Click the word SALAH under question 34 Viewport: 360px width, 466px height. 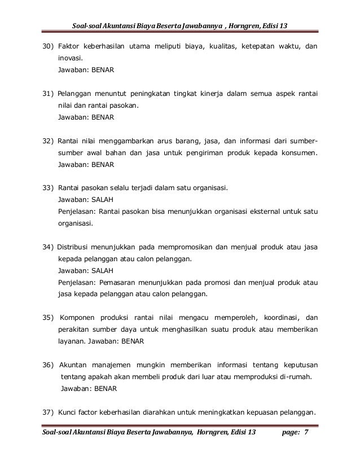pyautogui.click(x=104, y=270)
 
